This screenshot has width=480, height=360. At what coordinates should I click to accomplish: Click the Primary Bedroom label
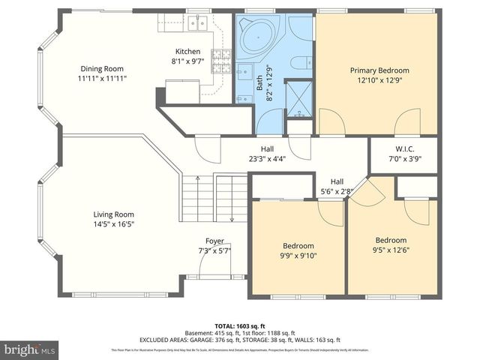376,70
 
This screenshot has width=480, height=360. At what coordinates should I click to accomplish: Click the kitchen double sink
198,23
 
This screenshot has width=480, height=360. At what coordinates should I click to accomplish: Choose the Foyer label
214,241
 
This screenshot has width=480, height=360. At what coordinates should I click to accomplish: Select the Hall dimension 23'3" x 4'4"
267,159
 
